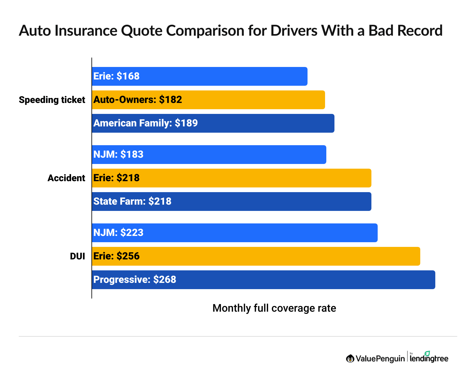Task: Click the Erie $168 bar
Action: [x=199, y=76]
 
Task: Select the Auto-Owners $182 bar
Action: [x=208, y=100]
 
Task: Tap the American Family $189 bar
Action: [x=213, y=123]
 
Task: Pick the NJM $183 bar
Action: [x=209, y=155]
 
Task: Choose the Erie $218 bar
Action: [x=231, y=178]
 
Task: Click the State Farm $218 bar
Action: [x=231, y=202]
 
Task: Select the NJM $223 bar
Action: [x=235, y=233]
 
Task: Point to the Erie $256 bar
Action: [x=256, y=256]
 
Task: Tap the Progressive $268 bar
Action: [x=263, y=280]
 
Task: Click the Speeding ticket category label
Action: [x=52, y=100]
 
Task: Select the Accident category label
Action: [x=66, y=178]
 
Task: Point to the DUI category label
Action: [x=77, y=256]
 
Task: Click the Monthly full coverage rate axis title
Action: [x=274, y=308]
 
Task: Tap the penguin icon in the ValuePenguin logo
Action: [x=350, y=359]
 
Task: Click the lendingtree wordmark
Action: [x=429, y=359]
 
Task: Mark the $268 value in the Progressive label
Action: [x=165, y=280]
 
